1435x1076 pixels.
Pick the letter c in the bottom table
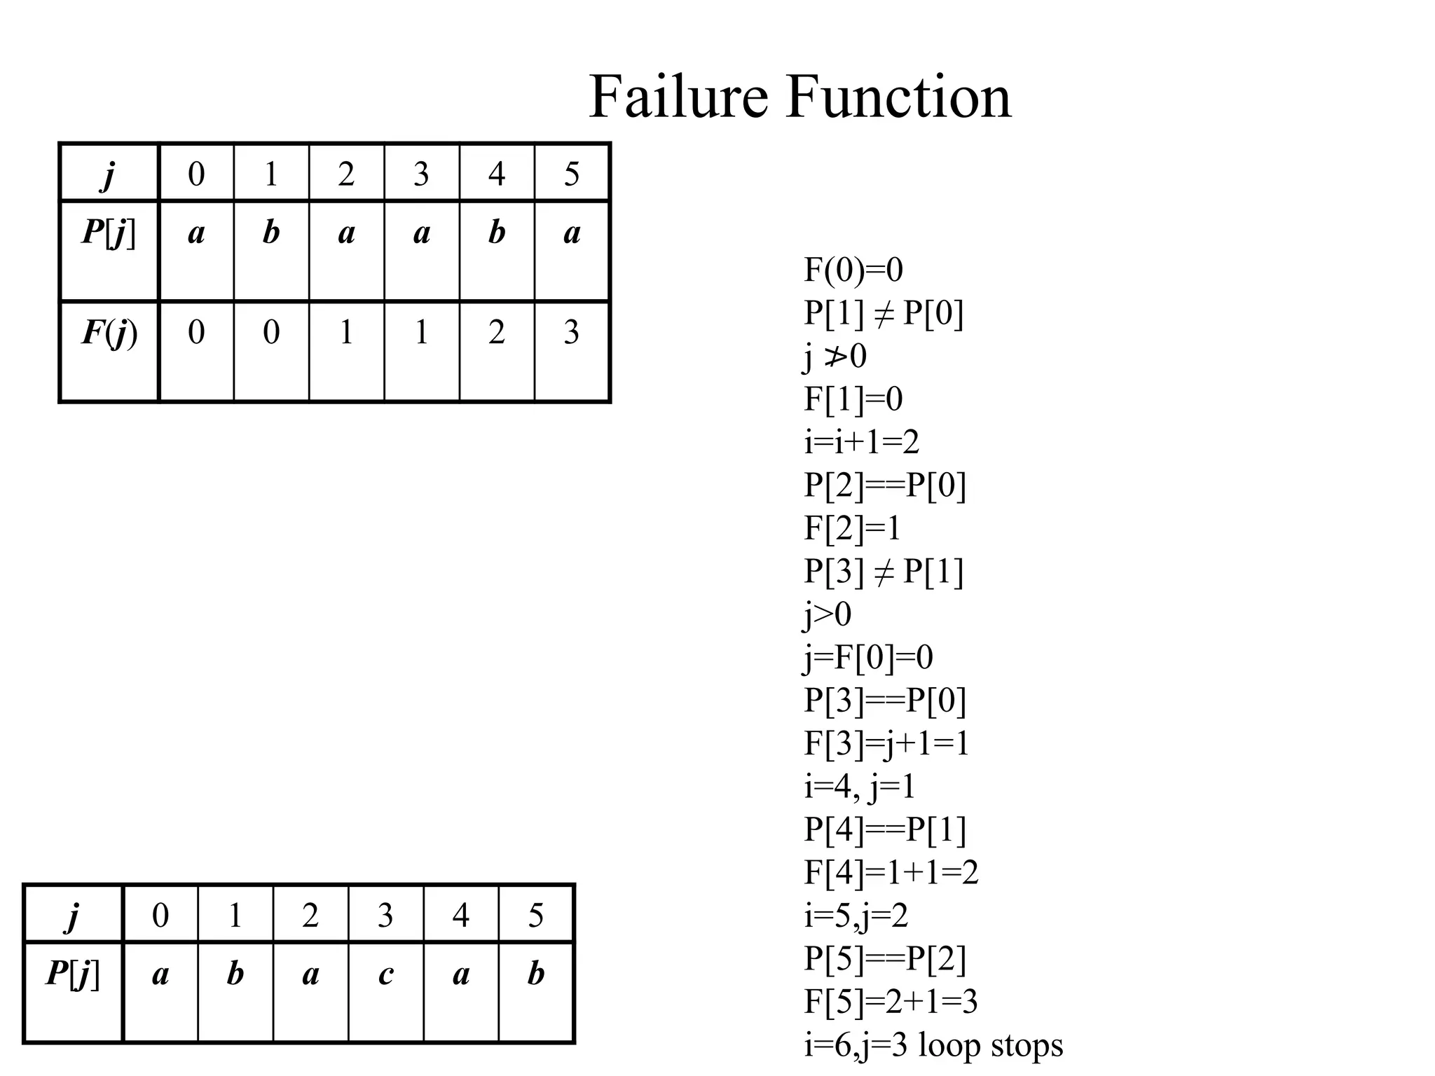coord(385,974)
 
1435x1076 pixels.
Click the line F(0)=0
coord(853,270)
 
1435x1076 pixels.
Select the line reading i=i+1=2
coord(861,442)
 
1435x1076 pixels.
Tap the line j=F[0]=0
coord(867,657)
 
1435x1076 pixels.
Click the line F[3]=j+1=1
coord(886,743)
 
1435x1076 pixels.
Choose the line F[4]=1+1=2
coord(891,873)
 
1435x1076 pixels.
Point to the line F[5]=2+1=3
coord(890,1002)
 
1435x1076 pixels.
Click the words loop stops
coord(990,1045)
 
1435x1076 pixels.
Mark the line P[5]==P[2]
coord(884,959)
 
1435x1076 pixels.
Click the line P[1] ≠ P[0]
coord(883,313)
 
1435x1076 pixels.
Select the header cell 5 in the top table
coord(572,174)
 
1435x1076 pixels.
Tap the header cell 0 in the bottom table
coord(160,915)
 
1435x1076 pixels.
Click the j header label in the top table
coord(109,174)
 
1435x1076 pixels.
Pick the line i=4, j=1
coord(859,787)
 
